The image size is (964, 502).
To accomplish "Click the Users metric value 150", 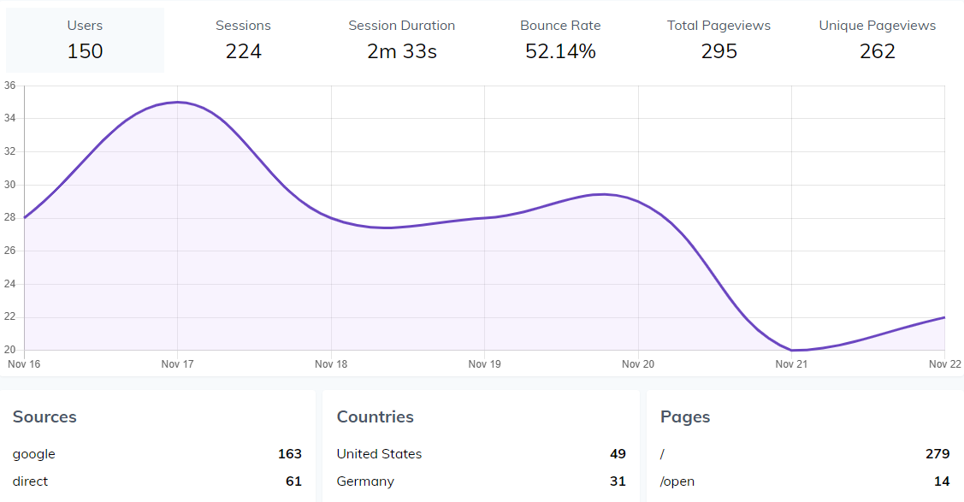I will [x=85, y=51].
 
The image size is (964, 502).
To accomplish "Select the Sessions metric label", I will [x=243, y=26].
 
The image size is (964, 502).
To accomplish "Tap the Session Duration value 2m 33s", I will [x=402, y=51].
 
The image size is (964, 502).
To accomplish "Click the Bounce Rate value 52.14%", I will [x=560, y=51].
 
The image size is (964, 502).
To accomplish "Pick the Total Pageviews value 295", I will [x=719, y=51].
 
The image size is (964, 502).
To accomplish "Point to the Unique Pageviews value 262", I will [x=877, y=51].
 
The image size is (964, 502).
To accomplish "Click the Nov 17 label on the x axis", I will [x=177, y=364].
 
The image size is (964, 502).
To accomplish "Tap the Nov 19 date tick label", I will [x=484, y=364].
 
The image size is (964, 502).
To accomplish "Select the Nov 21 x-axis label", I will [x=791, y=364].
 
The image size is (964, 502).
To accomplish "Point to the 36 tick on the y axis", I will [x=9, y=86].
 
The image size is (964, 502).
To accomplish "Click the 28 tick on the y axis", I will [x=9, y=218].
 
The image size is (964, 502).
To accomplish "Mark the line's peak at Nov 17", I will [x=177, y=102].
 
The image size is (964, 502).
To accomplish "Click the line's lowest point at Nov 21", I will [x=792, y=350].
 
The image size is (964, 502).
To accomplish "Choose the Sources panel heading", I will [x=44, y=417].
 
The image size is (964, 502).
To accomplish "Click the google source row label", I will [x=34, y=454].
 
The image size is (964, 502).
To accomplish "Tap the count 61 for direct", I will [x=293, y=481].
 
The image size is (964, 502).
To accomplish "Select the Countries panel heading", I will [x=375, y=417].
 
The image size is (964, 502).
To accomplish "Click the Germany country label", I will [x=365, y=481].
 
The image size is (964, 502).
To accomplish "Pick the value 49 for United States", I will [x=618, y=454].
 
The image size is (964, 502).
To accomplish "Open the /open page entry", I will [x=677, y=481].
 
